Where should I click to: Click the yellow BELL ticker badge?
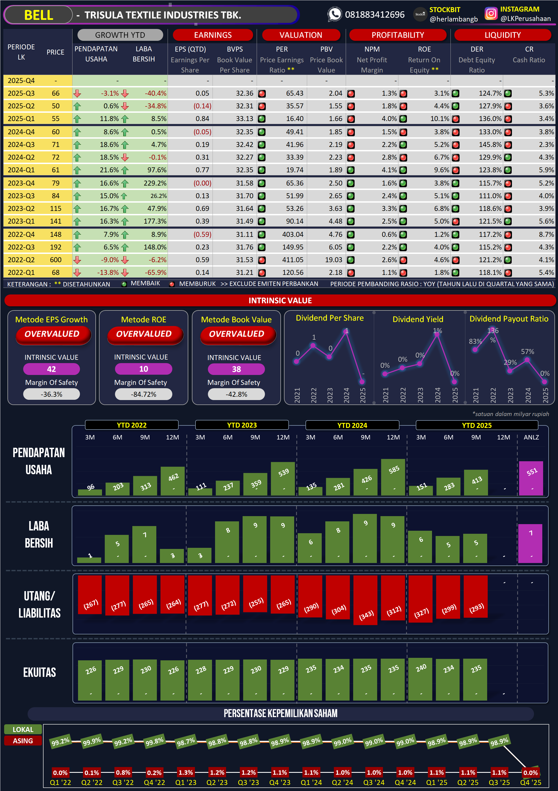pos(38,15)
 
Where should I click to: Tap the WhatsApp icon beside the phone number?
pos(334,14)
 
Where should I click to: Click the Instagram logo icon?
pos(491,14)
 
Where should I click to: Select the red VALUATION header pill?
pos(301,35)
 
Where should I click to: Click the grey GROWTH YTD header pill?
pos(120,35)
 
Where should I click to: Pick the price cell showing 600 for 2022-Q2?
pos(55,260)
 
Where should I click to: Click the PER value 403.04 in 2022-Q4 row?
pos(293,235)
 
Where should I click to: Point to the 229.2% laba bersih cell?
pos(155,183)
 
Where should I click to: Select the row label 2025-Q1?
pos(21,119)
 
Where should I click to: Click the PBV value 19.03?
pos(333,260)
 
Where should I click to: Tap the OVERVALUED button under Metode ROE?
pos(144,334)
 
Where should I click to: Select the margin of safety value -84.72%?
pos(143,394)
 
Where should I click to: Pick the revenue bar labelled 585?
pos(393,477)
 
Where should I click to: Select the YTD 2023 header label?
pos(242,425)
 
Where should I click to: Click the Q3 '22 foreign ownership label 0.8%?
pos(123,773)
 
